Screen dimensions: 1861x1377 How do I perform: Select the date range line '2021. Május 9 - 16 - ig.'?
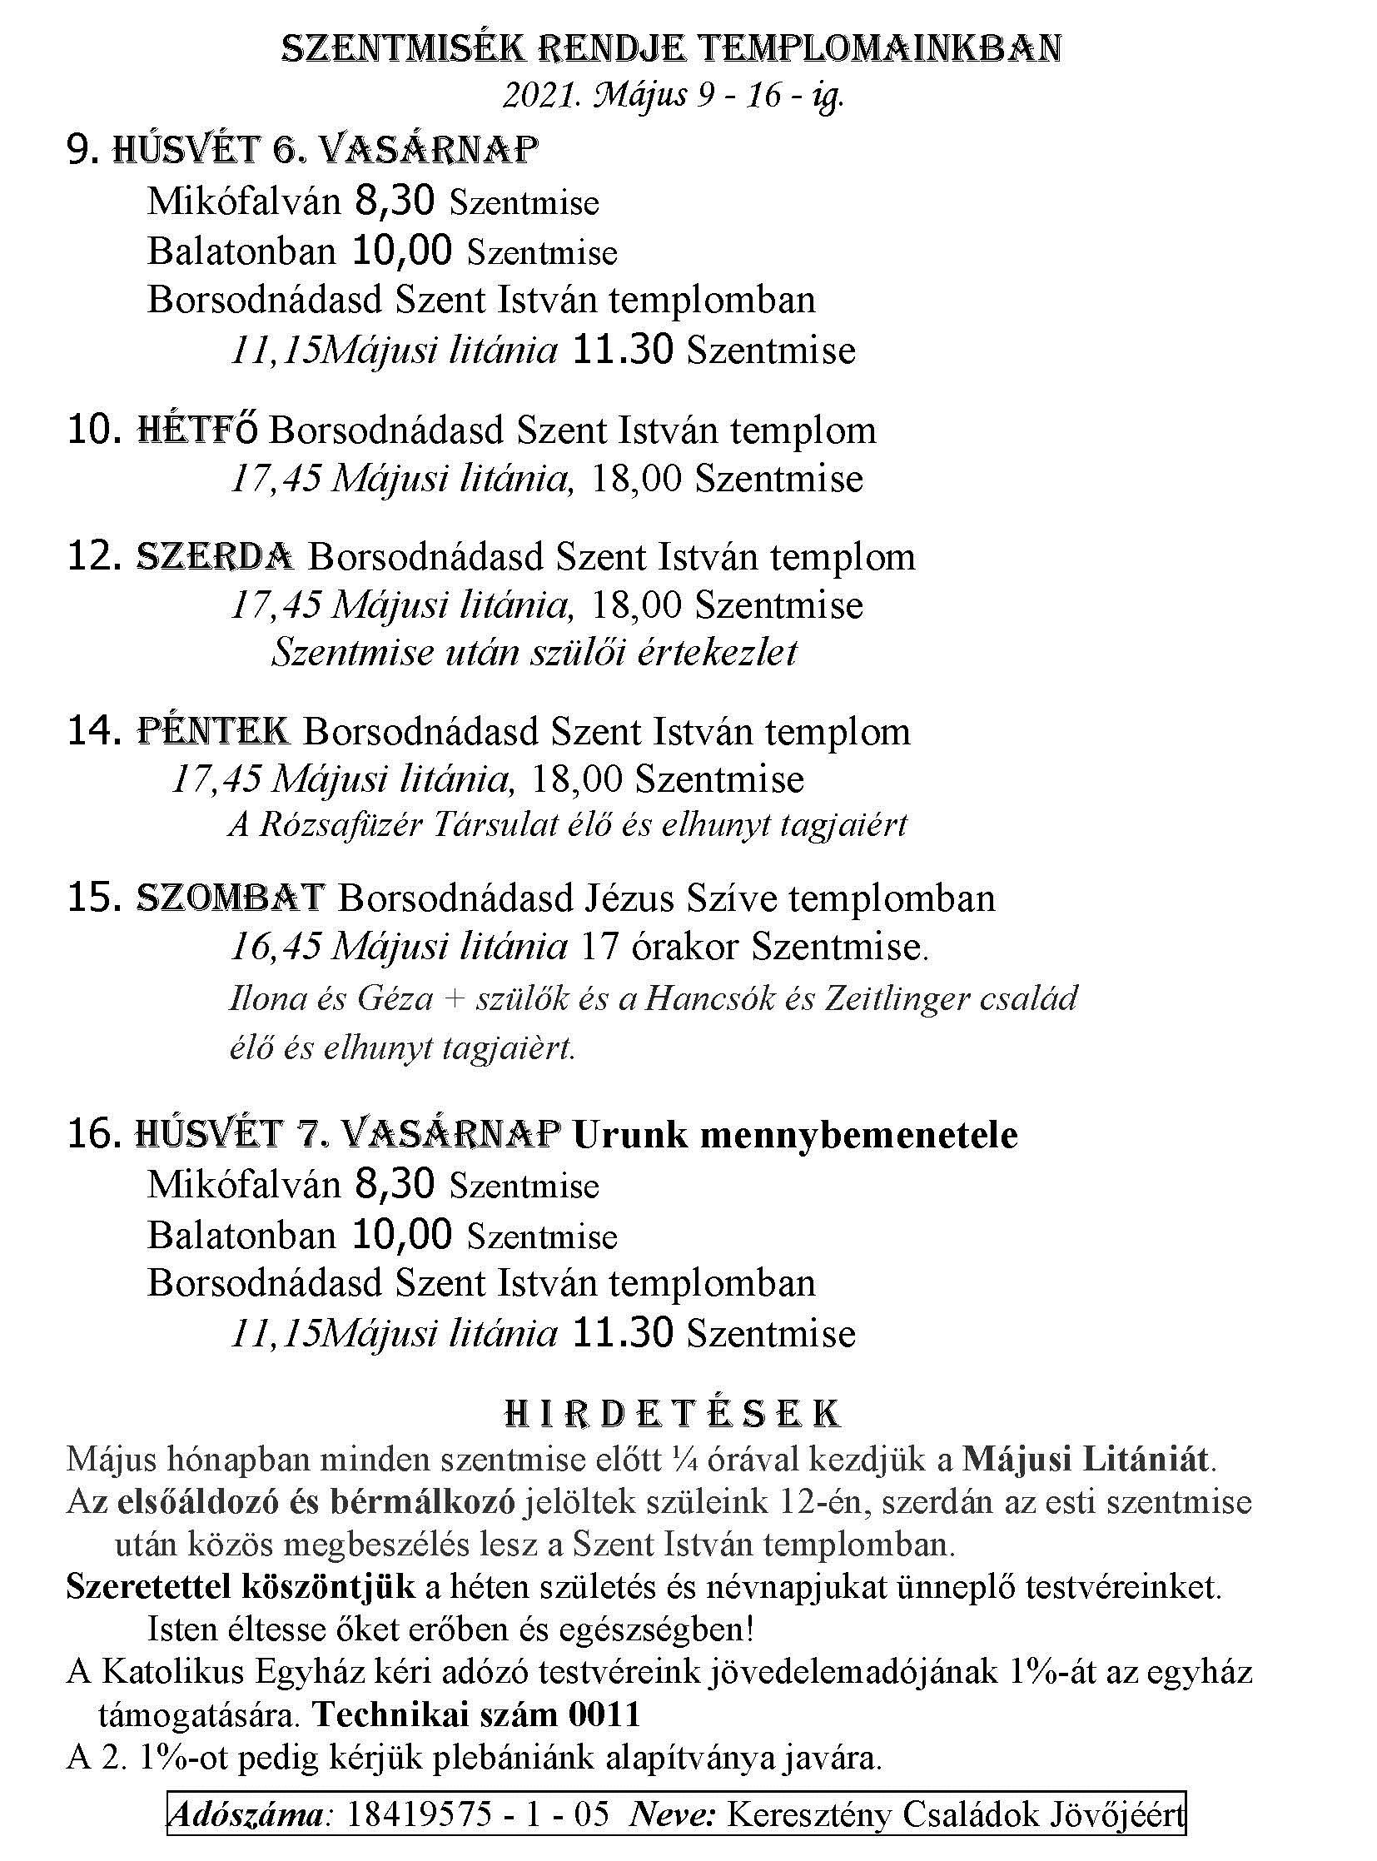(673, 97)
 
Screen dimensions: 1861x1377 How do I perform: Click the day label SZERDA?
(214, 556)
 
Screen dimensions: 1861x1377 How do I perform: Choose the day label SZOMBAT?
(229, 898)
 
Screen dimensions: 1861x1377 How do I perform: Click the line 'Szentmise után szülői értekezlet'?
(534, 652)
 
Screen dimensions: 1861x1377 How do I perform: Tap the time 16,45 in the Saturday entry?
(275, 948)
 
